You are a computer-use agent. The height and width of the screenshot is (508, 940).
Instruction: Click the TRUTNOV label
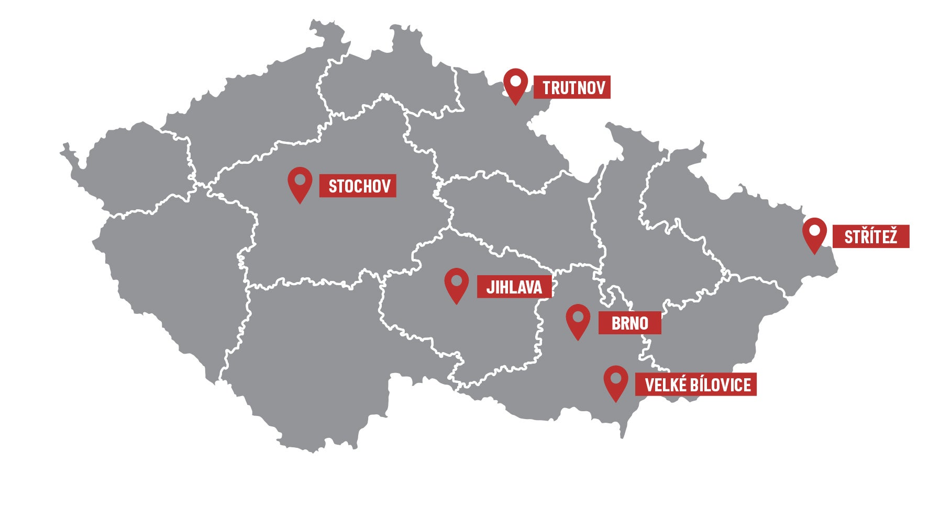[x=572, y=87]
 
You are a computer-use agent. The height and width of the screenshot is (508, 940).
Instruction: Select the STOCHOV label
[x=358, y=186]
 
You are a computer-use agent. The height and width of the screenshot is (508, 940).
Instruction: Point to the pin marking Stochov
[x=300, y=183]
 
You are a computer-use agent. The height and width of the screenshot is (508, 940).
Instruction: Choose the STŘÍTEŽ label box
[x=870, y=236]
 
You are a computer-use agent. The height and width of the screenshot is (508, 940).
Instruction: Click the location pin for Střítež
[x=814, y=234]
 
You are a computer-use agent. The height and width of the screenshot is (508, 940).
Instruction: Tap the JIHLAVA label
[x=514, y=287]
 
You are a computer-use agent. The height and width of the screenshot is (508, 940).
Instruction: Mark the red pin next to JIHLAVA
[x=456, y=284]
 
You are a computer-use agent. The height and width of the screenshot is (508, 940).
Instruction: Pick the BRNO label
[x=629, y=323]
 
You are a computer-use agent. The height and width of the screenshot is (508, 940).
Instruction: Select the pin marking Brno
[x=578, y=320]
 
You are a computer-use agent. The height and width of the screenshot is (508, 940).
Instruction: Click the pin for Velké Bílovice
[x=616, y=381]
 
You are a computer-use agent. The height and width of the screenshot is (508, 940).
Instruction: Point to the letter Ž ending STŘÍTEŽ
[x=891, y=236]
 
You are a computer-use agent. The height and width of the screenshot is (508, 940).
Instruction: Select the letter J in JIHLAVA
[x=490, y=287]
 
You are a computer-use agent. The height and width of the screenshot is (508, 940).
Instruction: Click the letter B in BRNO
[x=616, y=323]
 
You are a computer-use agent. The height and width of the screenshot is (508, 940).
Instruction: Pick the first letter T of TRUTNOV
[x=547, y=88]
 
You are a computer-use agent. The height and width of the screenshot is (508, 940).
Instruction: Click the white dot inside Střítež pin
[x=814, y=230]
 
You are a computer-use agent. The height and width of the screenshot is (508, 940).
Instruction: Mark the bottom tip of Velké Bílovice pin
[x=616, y=401]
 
